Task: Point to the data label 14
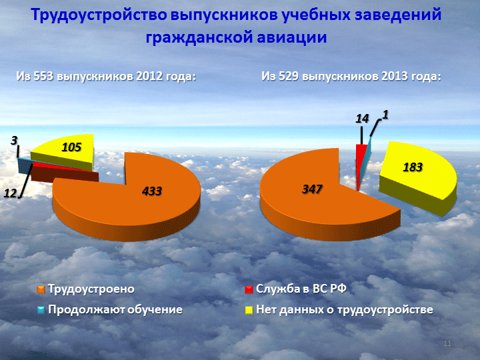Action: click(x=362, y=119)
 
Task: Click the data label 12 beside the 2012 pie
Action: click(x=10, y=193)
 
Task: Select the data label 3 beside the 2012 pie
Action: click(x=14, y=141)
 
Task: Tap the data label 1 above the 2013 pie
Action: click(x=385, y=115)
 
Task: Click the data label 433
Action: click(x=152, y=191)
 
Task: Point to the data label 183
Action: click(x=413, y=167)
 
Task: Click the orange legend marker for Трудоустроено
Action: click(x=41, y=289)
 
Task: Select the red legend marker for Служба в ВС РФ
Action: click(x=249, y=289)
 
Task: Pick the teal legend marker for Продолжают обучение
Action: click(x=41, y=310)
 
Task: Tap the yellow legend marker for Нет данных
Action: click(x=249, y=310)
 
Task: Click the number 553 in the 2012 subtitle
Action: click(x=44, y=76)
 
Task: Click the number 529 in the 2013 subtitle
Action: click(x=289, y=76)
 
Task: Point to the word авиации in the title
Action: click(x=292, y=37)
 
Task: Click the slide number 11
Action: click(x=447, y=343)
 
